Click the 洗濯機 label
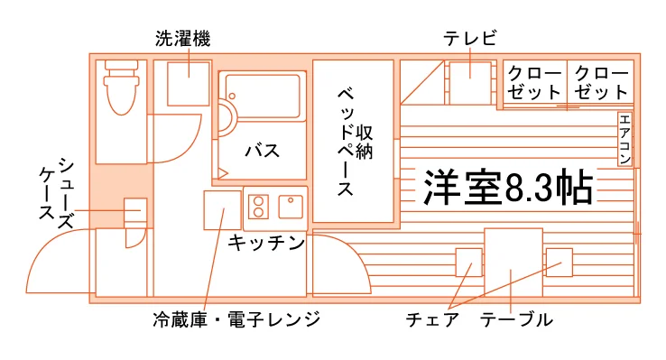(x=182, y=39)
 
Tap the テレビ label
(x=470, y=38)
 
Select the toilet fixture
(x=122, y=88)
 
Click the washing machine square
(x=189, y=84)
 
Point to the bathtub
(x=262, y=97)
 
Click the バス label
(x=263, y=151)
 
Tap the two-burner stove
(x=258, y=207)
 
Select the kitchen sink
(x=291, y=207)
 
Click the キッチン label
(x=266, y=243)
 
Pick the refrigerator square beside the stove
(x=223, y=210)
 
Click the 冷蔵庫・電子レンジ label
(x=236, y=319)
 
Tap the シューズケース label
(x=57, y=193)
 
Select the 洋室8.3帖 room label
(x=508, y=187)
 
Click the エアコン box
(x=624, y=139)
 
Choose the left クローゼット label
(x=534, y=83)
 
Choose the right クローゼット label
(x=601, y=83)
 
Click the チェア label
(x=432, y=319)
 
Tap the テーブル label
(x=516, y=319)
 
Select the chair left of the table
(x=469, y=263)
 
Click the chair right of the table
(x=560, y=263)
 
